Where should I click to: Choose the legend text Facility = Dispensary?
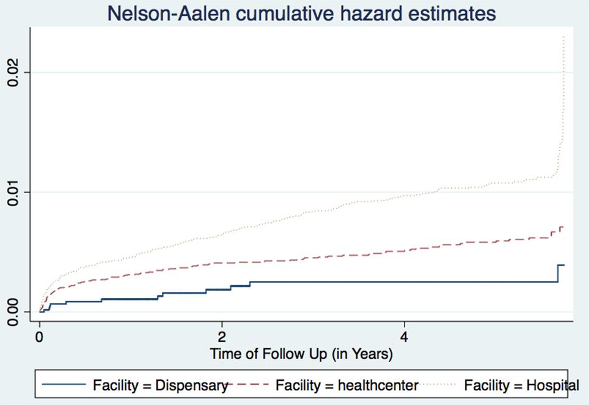(x=160, y=386)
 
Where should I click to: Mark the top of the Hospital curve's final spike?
(x=564, y=37)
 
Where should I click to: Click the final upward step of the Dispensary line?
(x=558, y=273)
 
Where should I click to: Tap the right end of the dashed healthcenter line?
(x=563, y=228)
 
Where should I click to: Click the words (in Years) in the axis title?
(x=362, y=355)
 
